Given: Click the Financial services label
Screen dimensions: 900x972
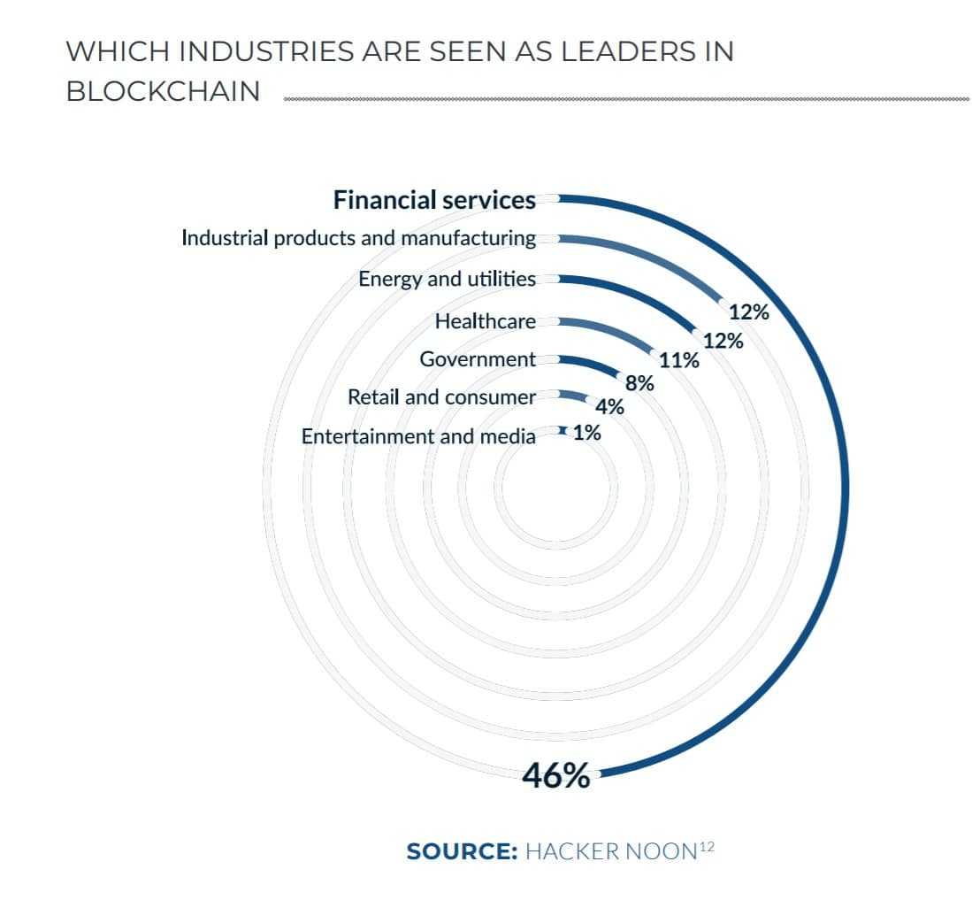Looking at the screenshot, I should point(433,201).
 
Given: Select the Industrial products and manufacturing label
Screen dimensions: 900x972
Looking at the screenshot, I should point(358,238).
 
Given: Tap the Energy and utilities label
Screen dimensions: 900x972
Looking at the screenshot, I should point(447,280).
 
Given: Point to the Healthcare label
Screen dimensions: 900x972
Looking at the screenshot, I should point(485,321).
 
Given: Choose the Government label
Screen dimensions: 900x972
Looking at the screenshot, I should point(478,359).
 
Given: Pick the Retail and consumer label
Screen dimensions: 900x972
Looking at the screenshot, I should point(441,397).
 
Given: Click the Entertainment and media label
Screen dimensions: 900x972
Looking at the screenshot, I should point(418,436).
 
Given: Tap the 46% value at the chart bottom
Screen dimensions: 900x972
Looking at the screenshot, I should point(555,776).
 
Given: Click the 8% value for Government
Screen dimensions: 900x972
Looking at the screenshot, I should point(639,384).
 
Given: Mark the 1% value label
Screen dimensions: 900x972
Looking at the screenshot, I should point(586,434).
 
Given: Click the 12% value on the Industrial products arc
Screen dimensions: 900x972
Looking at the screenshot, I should point(749,312).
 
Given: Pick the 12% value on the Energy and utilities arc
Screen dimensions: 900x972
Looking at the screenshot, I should point(723,341).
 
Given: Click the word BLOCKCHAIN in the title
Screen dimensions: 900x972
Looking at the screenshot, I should point(164,92).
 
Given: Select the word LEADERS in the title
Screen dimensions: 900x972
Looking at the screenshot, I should point(595,51).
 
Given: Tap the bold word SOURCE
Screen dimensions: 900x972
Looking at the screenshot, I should point(461,852).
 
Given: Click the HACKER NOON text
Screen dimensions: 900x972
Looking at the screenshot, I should point(610,852).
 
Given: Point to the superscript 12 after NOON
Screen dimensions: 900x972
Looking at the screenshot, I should point(706,847).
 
